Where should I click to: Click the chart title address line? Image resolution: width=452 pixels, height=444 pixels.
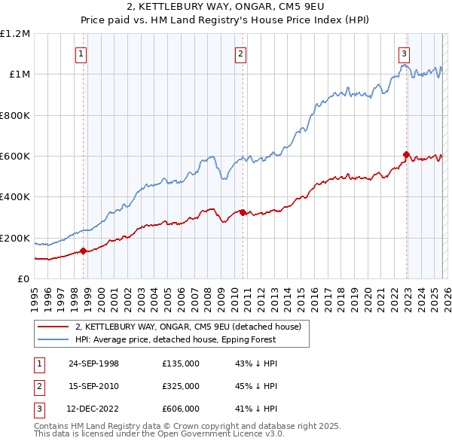pyautogui.click(x=226, y=8)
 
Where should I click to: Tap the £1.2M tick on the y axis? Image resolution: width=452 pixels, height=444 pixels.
pyautogui.click(x=16, y=34)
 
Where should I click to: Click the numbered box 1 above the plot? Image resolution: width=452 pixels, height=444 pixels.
pyautogui.click(x=81, y=53)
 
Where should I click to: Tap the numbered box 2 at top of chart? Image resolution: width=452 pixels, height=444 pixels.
pyautogui.click(x=240, y=53)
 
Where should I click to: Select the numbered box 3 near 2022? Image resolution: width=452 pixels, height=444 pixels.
pyautogui.click(x=405, y=53)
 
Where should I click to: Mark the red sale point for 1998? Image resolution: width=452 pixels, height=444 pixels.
pyautogui.click(x=83, y=251)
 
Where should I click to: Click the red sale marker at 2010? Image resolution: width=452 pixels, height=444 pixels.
pyautogui.click(x=243, y=212)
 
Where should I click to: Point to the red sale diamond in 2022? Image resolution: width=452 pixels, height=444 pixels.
pyautogui.click(x=406, y=155)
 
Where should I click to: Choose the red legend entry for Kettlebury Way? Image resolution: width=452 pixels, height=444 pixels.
pyautogui.click(x=188, y=327)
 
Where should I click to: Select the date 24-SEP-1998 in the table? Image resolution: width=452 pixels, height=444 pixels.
pyautogui.click(x=94, y=363)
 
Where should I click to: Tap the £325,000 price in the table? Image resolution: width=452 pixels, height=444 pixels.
pyautogui.click(x=181, y=386)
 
